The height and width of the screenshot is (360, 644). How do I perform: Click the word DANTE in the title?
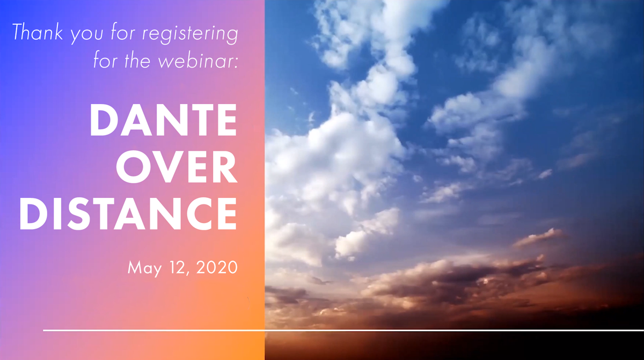pos(163,120)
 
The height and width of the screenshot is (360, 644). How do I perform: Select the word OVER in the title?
pos(177,167)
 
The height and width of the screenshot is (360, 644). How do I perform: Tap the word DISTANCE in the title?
pos(128,214)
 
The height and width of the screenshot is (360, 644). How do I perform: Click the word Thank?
pos(38,32)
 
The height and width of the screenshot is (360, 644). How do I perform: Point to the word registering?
pos(190,34)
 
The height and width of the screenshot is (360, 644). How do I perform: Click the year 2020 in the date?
pos(217,267)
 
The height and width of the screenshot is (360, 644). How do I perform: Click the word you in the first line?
pos(87,35)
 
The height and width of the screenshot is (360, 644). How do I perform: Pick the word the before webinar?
pos(137,60)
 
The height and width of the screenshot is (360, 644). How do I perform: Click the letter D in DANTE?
pos(103,120)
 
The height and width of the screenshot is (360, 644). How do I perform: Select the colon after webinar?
pos(236,64)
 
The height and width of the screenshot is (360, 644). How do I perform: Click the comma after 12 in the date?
pos(187,274)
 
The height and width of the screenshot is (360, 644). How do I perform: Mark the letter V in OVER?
pos(168,167)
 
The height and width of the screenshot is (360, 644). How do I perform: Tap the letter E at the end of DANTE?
pos(227,120)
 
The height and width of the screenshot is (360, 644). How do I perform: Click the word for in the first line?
pos(123,32)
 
